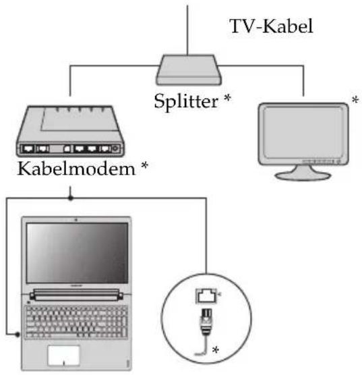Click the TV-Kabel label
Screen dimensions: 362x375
271,26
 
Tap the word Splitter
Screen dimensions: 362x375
186,101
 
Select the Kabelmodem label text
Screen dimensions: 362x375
76,169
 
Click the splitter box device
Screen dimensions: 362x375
189,70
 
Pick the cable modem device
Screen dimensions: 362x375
70,131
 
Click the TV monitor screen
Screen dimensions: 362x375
303,133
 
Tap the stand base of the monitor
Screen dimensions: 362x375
303,176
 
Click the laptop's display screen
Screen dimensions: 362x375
77,253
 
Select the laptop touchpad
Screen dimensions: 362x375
63,355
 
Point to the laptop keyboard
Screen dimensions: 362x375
76,322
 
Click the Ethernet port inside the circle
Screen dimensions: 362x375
206,296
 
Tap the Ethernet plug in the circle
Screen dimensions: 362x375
206,322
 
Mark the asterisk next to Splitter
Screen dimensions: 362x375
228,98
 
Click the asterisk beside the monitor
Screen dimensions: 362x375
355,100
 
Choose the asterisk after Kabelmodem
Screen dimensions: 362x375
144,165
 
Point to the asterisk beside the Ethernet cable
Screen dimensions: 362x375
216,350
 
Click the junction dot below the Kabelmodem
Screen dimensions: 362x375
70,198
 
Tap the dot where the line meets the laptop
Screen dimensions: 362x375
18,335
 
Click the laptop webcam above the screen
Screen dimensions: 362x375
76,220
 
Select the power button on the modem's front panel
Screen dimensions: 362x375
115,148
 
